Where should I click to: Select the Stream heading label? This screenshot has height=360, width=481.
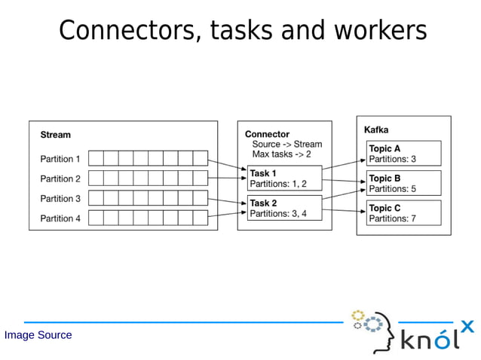pos(55,135)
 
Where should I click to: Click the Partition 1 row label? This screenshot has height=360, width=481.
pos(60,159)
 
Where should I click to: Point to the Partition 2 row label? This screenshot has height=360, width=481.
pos(60,178)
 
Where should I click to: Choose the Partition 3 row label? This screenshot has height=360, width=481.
pos(60,199)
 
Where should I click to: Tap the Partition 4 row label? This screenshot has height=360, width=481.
pos(60,218)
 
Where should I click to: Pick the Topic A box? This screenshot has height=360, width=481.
pos(403,154)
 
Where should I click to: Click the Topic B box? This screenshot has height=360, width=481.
pos(403,183)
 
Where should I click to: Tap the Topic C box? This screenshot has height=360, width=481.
pos(403,213)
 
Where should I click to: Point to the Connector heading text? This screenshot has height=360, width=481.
pos(267,134)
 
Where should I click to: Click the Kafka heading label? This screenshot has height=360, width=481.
pos(376,130)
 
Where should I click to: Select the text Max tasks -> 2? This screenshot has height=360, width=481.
pos(281,154)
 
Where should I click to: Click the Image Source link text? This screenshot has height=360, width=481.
pos(38,335)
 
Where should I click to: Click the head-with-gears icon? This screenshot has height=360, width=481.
pos(372,330)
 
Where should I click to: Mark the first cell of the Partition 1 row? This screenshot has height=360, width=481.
pos(96,158)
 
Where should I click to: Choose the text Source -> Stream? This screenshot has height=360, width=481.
pos(286,144)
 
